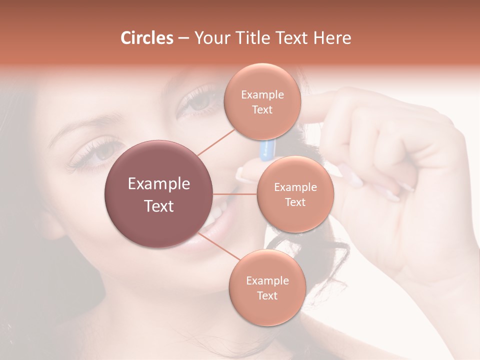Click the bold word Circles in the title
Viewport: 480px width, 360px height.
pyautogui.click(x=146, y=38)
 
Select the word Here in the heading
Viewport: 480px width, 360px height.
pyautogui.click(x=333, y=38)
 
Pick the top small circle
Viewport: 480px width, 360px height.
pyautogui.click(x=262, y=101)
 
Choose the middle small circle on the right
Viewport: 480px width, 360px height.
pyautogui.click(x=295, y=194)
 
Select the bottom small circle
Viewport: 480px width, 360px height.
pyautogui.click(x=267, y=287)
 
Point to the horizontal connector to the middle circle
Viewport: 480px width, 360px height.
pyautogui.click(x=235, y=194)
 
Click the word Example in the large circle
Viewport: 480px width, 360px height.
pyautogui.click(x=159, y=184)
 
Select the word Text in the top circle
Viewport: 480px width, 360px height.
pyautogui.click(x=262, y=110)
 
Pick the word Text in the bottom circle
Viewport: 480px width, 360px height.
pyautogui.click(x=267, y=296)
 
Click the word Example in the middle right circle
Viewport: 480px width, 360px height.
pyautogui.click(x=295, y=187)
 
